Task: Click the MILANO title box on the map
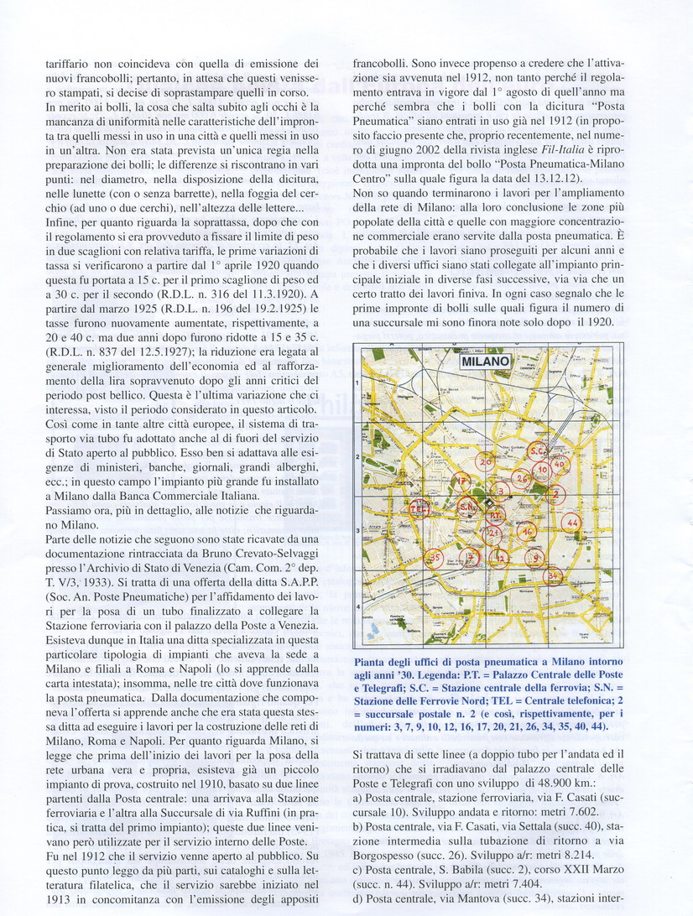pyautogui.click(x=486, y=362)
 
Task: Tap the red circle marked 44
pyautogui.click(x=573, y=522)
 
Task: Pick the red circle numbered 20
pyautogui.click(x=486, y=461)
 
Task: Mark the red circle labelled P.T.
pyautogui.click(x=496, y=514)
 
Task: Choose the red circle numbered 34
pyautogui.click(x=553, y=575)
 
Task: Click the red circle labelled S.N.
pyautogui.click(x=468, y=507)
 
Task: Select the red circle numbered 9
pyautogui.click(x=535, y=555)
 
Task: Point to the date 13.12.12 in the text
pyautogui.click(x=582, y=216)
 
